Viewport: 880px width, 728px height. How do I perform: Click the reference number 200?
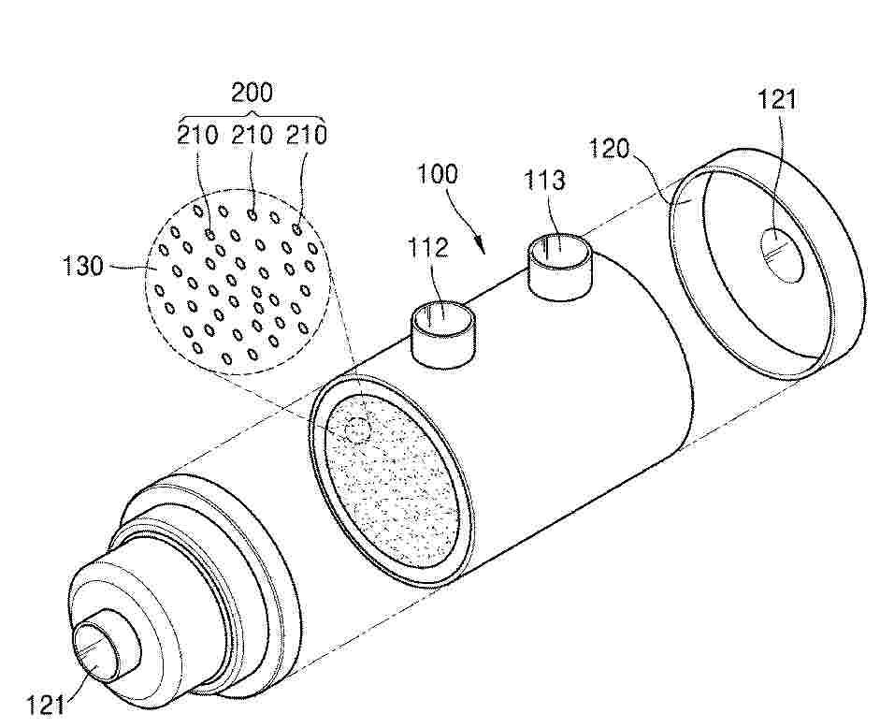[x=252, y=92]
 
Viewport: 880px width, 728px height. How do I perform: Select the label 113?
[x=544, y=180]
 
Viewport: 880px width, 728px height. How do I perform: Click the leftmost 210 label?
[x=197, y=135]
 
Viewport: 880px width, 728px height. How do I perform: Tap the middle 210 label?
[x=252, y=135]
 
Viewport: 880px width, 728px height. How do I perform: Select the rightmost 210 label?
[x=307, y=135]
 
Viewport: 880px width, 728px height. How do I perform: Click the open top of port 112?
[x=442, y=313]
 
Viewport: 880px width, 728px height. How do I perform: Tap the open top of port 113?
[x=560, y=247]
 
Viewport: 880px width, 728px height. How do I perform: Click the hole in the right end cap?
[x=782, y=255]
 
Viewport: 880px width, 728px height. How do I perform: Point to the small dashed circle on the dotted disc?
[x=355, y=430]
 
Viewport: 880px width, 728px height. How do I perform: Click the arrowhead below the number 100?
[x=483, y=248]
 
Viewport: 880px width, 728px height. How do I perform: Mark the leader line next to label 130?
[x=130, y=268]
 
